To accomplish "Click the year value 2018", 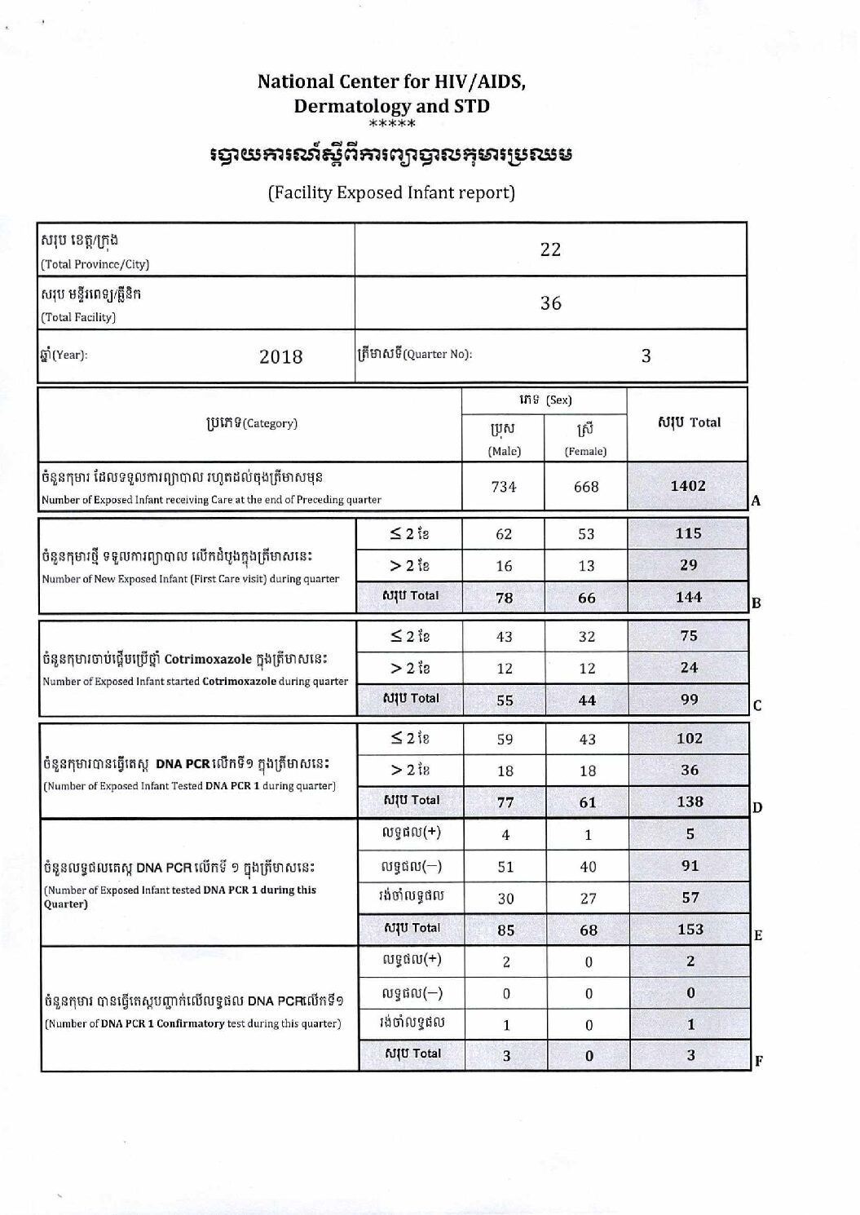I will click(x=280, y=356).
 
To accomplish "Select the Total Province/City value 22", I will click(x=551, y=250).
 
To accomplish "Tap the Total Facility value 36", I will click(x=551, y=303).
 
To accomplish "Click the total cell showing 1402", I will click(x=688, y=485).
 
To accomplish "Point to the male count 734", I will click(x=504, y=487).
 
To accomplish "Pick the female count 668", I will click(x=586, y=487).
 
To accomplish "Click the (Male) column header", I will click(x=504, y=451).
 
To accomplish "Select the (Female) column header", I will click(x=586, y=451).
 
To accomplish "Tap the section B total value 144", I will click(x=689, y=597).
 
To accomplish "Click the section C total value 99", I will click(x=689, y=700).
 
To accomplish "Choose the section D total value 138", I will click(x=690, y=802).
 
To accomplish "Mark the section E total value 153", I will click(x=690, y=929).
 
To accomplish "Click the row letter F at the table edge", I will click(x=759, y=1061).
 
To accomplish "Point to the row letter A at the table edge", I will click(x=756, y=501).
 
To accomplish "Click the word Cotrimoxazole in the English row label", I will click(x=239, y=681).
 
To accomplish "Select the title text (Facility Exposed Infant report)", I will click(x=391, y=193).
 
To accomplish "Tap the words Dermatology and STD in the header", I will click(x=391, y=106).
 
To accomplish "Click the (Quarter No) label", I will click(x=438, y=354).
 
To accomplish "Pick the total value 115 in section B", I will click(x=689, y=533).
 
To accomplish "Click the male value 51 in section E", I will click(x=505, y=867).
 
